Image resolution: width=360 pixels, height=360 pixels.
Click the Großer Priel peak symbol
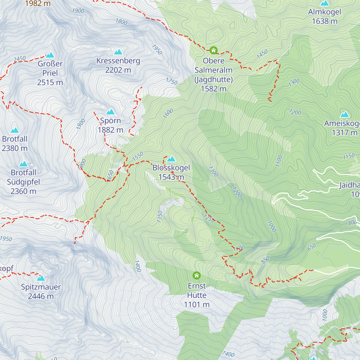[x=50, y=55]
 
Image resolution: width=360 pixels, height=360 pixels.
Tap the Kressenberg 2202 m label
[x=118, y=65]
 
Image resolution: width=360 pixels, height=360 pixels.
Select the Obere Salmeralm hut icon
[x=214, y=50]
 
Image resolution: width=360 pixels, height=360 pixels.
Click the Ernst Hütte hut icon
[x=196, y=275]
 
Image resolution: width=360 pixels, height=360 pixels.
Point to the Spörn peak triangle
[x=110, y=112]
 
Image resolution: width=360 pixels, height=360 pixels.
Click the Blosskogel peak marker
[x=171, y=159]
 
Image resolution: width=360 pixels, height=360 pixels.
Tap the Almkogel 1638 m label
[x=325, y=16]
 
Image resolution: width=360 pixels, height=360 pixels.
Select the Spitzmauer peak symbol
[x=40, y=278]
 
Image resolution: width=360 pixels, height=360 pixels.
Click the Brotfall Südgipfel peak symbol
[x=23, y=164]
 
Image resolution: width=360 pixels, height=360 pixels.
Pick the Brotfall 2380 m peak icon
[x=14, y=130]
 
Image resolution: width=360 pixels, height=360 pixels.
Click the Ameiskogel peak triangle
[x=345, y=115]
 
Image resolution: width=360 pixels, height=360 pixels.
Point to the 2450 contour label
[x=20, y=59]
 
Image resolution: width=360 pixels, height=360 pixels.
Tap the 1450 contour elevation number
[x=262, y=54]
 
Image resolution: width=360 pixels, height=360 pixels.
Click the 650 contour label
[x=312, y=247]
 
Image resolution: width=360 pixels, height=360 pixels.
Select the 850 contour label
[x=265, y=260]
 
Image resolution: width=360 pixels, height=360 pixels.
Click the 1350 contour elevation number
[x=160, y=217]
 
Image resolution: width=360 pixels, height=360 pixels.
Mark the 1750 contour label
[x=172, y=81]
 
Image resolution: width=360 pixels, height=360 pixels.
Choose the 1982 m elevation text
[x=38, y=4]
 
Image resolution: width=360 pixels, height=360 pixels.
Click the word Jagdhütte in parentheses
[x=214, y=79]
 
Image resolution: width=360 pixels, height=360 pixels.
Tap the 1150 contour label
[x=349, y=157]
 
